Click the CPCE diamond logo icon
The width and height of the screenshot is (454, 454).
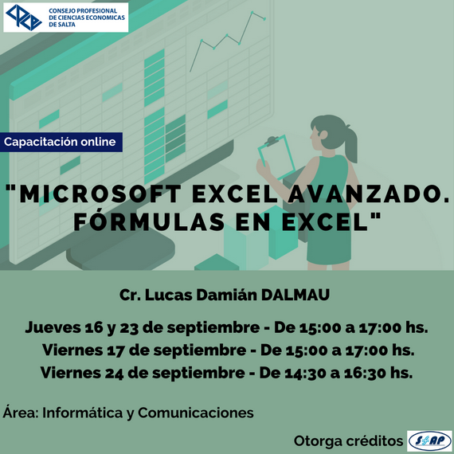coord(24,18)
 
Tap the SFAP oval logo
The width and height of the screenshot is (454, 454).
coord(429,441)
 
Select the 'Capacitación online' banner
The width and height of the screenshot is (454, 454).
coord(61,142)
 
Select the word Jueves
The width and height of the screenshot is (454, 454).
coord(53,327)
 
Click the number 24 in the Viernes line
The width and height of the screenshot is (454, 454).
coord(115,374)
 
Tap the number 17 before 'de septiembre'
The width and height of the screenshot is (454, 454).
coord(115,350)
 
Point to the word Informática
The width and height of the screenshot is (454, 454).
coord(83,413)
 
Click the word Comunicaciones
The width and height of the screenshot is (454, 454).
coord(196,413)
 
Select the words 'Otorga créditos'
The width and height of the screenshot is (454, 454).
coord(348,441)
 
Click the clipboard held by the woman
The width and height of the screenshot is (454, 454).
coord(276,156)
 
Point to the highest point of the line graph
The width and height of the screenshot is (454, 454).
coord(252,12)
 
